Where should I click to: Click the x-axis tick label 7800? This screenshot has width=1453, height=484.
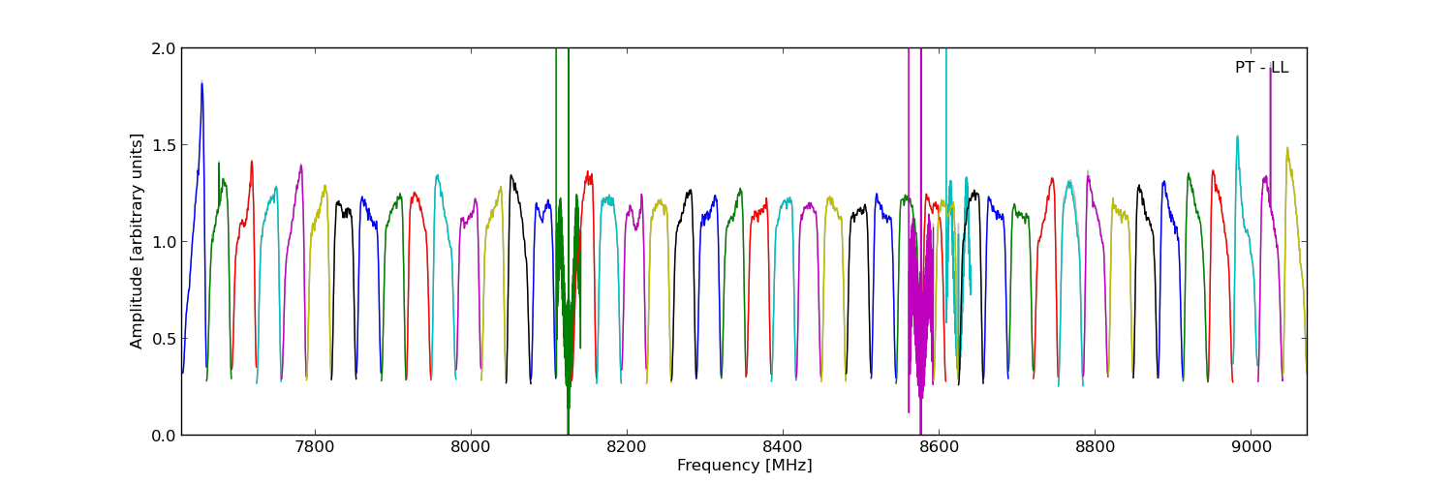[314, 448]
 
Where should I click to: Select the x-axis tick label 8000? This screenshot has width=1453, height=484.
[471, 448]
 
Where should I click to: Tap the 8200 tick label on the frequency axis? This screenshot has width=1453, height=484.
[627, 448]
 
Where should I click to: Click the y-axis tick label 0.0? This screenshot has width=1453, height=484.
[164, 436]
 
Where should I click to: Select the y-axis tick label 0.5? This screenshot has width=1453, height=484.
[164, 339]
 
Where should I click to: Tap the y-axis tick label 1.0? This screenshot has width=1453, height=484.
[164, 242]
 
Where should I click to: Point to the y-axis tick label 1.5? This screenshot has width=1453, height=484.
[164, 145]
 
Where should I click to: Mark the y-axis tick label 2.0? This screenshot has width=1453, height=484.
[164, 48]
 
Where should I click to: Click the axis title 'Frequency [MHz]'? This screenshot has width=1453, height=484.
[744, 466]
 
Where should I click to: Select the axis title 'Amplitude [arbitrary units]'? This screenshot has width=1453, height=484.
[138, 241]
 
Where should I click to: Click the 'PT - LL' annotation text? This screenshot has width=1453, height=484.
[1261, 68]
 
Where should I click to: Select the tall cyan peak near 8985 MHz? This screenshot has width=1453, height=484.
[1237, 137]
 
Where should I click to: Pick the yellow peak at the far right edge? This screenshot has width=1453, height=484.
[1287, 150]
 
